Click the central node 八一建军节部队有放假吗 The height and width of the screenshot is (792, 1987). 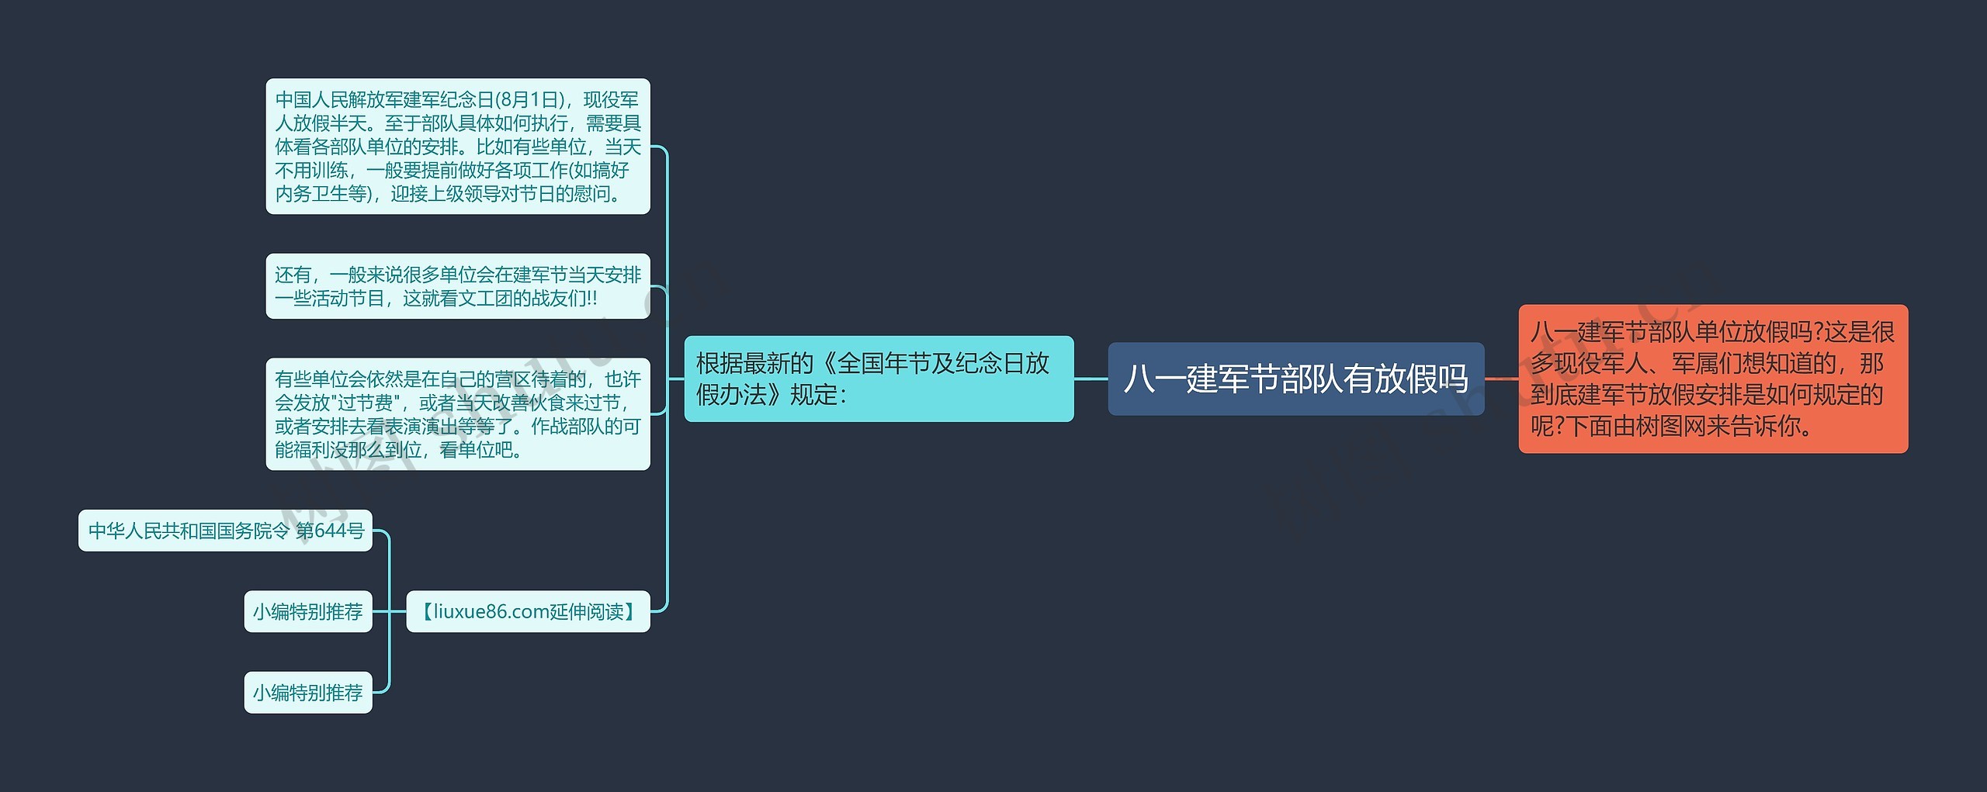coord(1295,379)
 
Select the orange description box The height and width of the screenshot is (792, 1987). coord(1712,379)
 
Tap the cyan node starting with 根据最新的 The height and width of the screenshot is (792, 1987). coord(878,379)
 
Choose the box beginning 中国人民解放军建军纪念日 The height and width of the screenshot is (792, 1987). coord(457,146)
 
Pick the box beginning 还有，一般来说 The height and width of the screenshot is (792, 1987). coord(457,286)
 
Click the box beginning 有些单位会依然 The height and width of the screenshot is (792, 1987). coord(457,413)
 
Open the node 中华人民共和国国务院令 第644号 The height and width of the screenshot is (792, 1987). coord(225,531)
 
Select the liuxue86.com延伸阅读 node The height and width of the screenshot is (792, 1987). coord(528,611)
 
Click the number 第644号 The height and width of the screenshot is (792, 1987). coord(330,531)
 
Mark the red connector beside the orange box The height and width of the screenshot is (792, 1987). coord(1501,379)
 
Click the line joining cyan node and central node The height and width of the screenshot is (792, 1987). coord(1091,379)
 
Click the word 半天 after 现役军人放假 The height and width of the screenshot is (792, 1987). coord(348,123)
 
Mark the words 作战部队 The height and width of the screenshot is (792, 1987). coord(567,426)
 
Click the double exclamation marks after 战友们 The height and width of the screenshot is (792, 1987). coord(592,299)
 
